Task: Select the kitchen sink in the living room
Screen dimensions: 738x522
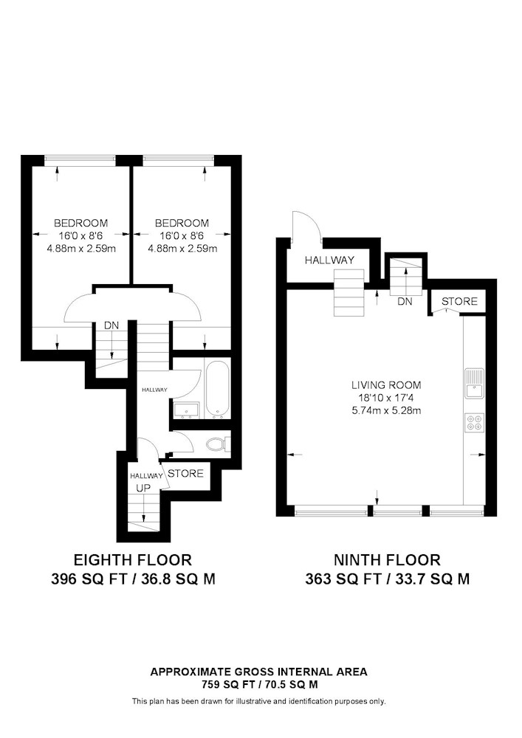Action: pyautogui.click(x=473, y=383)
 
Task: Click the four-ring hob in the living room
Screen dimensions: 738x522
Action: pyautogui.click(x=473, y=423)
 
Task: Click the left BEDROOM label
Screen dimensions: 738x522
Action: pyautogui.click(x=80, y=223)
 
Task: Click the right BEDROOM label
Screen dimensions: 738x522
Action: pyautogui.click(x=182, y=223)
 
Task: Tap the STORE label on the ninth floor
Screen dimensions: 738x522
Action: pyautogui.click(x=459, y=302)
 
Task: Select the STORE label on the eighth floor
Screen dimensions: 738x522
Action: pyautogui.click(x=185, y=473)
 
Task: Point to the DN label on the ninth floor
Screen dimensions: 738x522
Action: pyautogui.click(x=405, y=302)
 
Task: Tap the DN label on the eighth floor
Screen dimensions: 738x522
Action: pyautogui.click(x=111, y=325)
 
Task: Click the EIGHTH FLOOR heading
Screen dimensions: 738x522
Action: pyautogui.click(x=133, y=560)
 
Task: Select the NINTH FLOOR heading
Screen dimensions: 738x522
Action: pyautogui.click(x=388, y=560)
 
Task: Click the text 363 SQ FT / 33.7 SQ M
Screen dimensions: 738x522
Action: pyautogui.click(x=388, y=579)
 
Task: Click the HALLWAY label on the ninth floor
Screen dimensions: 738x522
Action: pyautogui.click(x=329, y=261)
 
